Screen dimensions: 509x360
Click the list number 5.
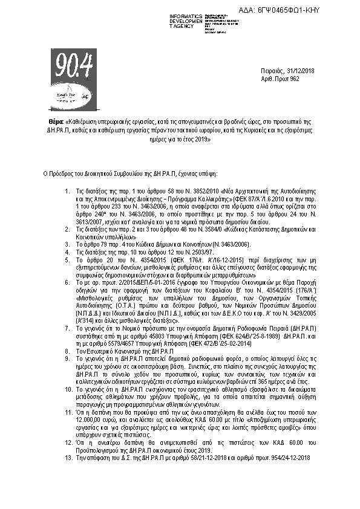(x=67, y=259)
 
